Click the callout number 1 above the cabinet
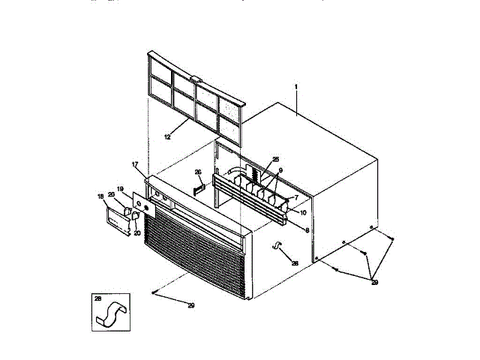[297, 88]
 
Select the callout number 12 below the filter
[167, 137]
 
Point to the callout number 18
[100, 196]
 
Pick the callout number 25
[275, 159]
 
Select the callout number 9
[280, 170]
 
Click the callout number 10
[304, 212]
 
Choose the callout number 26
[198, 172]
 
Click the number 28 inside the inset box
[98, 299]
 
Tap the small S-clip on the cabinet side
[278, 247]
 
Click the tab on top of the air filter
[196, 77]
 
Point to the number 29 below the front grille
[190, 306]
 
